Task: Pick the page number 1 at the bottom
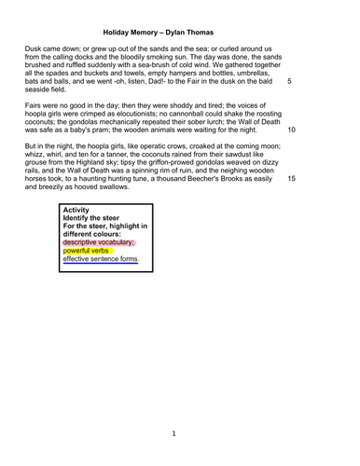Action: tap(174, 434)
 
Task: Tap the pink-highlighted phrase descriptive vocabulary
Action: tap(98, 241)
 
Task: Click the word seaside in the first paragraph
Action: tap(41, 90)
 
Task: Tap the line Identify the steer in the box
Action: tap(96, 221)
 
